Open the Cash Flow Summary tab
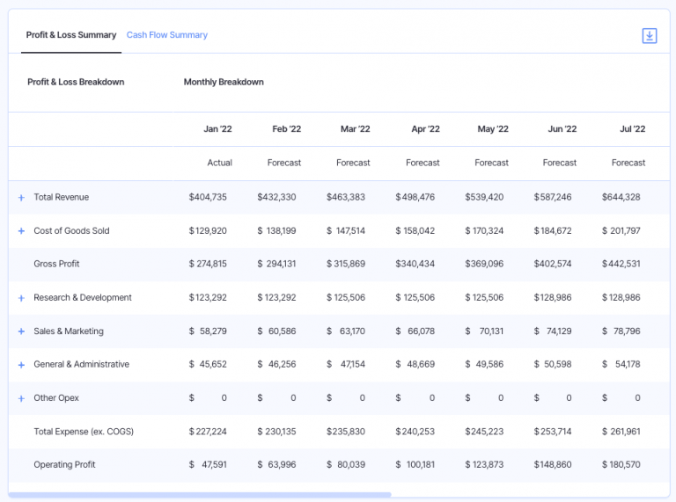point(166,35)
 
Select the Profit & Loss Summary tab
point(71,35)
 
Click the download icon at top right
point(650,36)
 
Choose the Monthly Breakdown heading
point(224,82)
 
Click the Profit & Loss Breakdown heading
point(76,82)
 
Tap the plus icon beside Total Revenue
point(21,198)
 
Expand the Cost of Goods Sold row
point(21,231)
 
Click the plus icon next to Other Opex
point(21,398)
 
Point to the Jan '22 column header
point(217,129)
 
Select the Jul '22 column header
point(632,129)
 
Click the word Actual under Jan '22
point(219,163)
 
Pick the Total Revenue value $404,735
point(208,197)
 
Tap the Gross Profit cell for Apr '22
point(415,264)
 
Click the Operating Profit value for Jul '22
point(621,464)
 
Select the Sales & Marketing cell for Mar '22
point(345,331)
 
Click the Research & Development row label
point(83,298)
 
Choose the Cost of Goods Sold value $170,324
point(484,230)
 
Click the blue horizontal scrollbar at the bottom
point(199,495)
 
